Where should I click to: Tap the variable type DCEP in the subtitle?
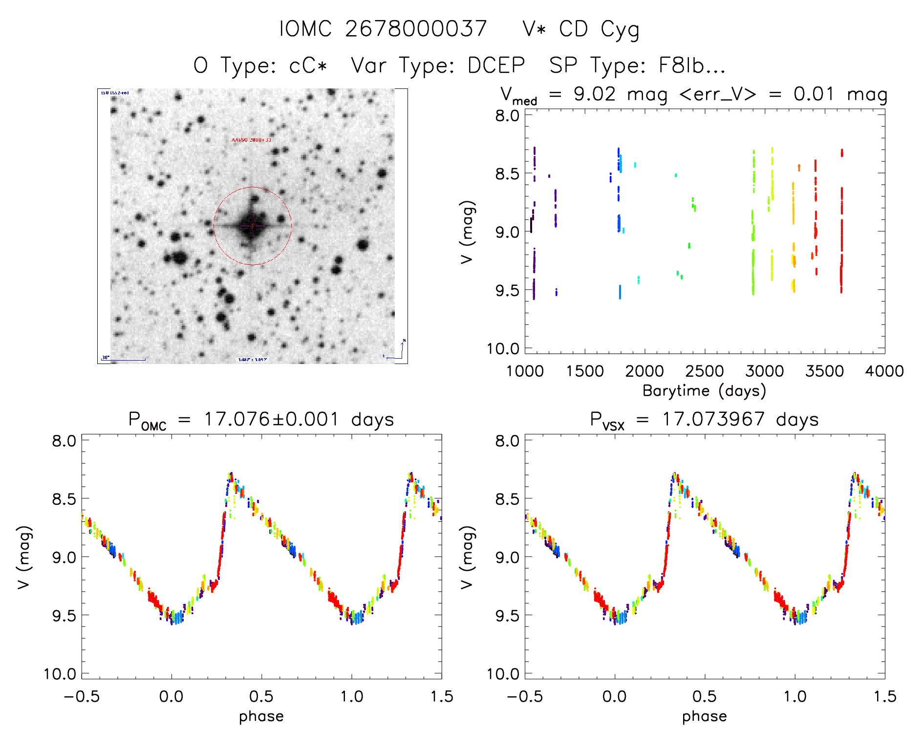(496, 65)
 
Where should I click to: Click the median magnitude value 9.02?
(595, 94)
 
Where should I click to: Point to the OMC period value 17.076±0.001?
(271, 419)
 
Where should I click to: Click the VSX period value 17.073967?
(713, 419)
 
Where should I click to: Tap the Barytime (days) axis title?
(704, 391)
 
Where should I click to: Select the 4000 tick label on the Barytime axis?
(884, 371)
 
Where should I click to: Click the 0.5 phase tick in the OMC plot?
(261, 696)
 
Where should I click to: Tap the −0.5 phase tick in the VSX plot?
(524, 696)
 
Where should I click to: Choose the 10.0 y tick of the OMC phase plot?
(60, 674)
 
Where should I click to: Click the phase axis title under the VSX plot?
(704, 716)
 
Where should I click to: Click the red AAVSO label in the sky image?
(251, 140)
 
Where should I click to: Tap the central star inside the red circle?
(252, 226)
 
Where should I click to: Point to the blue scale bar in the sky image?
(125, 360)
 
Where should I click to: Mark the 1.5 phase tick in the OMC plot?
(441, 696)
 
